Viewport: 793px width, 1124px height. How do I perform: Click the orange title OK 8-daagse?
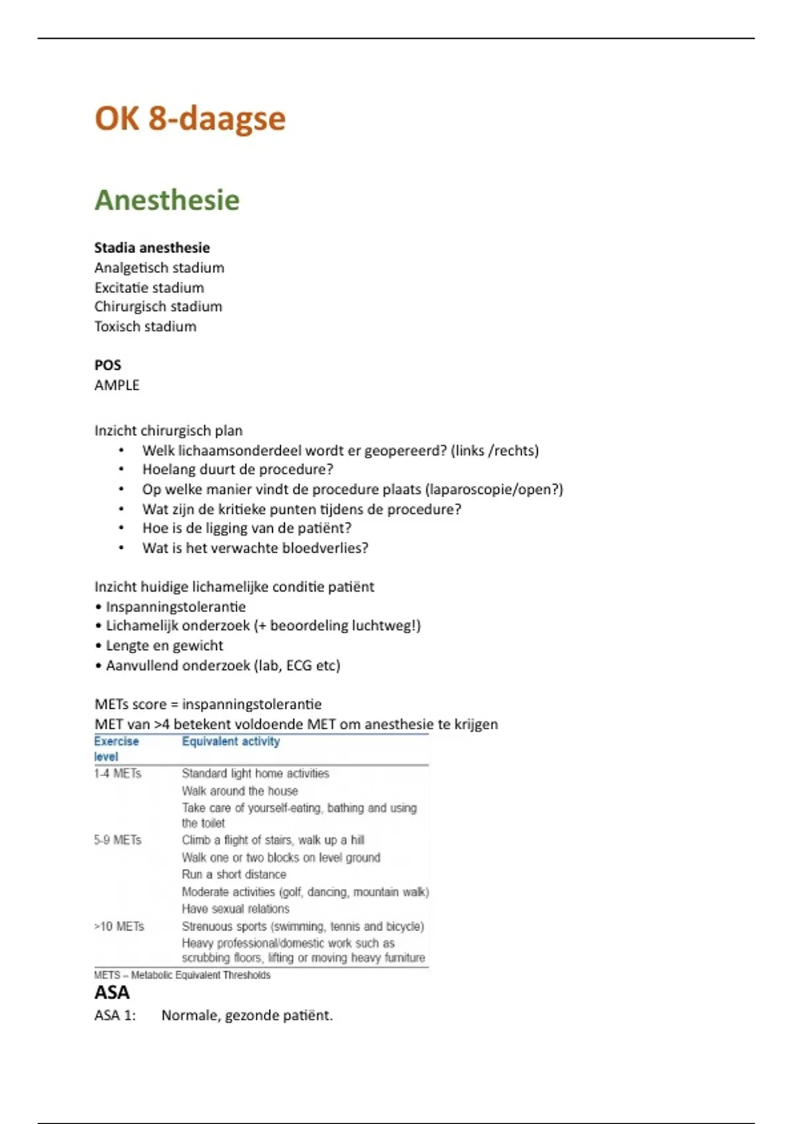coord(190,119)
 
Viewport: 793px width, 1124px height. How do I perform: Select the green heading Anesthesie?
coord(167,200)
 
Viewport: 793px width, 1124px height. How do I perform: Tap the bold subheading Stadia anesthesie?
coord(152,248)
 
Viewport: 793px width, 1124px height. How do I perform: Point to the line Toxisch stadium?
coord(145,327)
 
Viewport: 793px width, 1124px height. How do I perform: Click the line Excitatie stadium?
coord(149,288)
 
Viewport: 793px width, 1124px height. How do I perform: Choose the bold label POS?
coord(108,365)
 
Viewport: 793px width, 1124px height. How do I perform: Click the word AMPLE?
coord(117,385)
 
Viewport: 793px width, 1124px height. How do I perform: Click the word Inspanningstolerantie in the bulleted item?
coord(176,607)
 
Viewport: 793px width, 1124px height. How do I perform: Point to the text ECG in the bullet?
coord(299,666)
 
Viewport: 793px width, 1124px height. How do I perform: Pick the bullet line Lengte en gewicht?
coord(165,646)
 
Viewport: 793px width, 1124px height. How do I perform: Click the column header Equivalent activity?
coord(231,741)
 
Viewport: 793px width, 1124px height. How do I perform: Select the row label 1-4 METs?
coord(118,774)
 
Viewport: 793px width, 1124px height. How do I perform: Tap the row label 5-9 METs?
coord(118,840)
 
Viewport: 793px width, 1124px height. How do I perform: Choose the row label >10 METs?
coord(119,926)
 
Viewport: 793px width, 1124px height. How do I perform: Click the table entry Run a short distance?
coord(234,875)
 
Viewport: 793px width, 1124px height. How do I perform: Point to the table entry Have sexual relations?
coord(235,909)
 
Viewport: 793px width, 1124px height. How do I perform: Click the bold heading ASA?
coord(112,992)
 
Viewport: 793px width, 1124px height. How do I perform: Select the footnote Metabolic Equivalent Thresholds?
coord(200,975)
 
